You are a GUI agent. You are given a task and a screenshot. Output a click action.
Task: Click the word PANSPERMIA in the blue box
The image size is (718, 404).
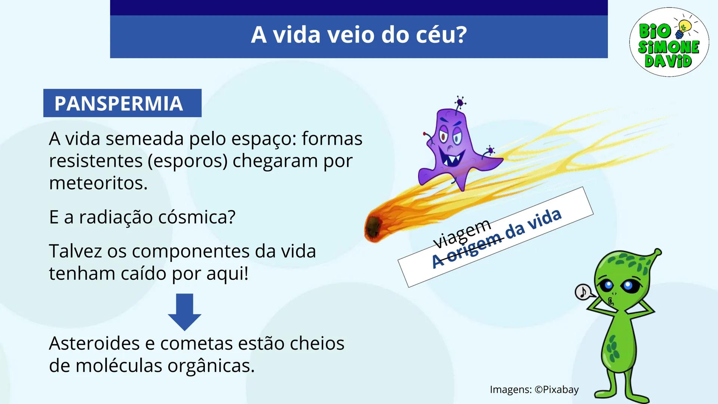tap(119, 104)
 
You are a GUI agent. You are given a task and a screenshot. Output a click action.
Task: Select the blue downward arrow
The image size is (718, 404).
tap(184, 312)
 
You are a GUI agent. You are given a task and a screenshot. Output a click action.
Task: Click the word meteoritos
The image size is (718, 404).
tap(98, 183)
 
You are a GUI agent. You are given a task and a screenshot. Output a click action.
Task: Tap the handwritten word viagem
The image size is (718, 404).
tap(462, 233)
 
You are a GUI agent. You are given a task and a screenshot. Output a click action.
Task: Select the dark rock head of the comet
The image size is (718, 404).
tap(374, 227)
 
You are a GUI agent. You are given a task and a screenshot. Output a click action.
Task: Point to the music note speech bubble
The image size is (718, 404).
tap(583, 292)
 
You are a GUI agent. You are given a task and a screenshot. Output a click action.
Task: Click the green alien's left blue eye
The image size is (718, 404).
tap(607, 285)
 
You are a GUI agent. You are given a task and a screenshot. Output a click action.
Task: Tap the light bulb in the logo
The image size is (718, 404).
tap(684, 28)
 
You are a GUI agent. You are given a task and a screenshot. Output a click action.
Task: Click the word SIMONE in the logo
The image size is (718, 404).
tap(669, 47)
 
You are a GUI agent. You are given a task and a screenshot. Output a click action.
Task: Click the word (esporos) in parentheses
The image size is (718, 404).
tap(187, 161)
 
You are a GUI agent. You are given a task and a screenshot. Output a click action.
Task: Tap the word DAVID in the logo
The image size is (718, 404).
tap(668, 61)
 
